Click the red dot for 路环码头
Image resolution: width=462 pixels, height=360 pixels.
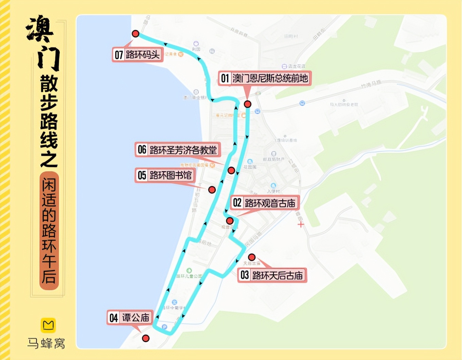point(136,34)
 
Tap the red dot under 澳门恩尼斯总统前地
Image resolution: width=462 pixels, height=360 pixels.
point(248,104)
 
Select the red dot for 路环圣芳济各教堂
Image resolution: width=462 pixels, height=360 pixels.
point(231,170)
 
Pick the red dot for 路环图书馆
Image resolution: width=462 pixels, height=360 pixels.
point(212,190)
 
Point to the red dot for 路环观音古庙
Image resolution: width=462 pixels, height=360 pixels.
point(230,221)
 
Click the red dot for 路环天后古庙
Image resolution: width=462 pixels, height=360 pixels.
point(252,257)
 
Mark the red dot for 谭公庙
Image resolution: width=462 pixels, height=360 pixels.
point(146,338)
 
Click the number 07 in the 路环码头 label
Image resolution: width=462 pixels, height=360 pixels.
point(119,55)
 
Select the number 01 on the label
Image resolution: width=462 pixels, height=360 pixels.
point(225,78)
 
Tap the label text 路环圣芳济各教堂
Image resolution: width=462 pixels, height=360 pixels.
point(183,150)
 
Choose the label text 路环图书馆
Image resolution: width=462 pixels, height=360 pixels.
point(171,175)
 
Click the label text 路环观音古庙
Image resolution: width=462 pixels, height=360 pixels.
point(270,203)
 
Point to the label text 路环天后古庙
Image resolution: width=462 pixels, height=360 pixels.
point(277,275)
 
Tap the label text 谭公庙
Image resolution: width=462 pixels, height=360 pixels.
point(136,318)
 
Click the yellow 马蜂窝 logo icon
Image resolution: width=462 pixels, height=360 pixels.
point(48,325)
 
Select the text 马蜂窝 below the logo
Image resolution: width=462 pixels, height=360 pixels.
point(46,343)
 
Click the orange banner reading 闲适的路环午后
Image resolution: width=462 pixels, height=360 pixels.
point(49,231)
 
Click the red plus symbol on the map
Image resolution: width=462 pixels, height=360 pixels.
point(301,224)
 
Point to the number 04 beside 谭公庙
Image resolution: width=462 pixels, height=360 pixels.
point(113,318)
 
